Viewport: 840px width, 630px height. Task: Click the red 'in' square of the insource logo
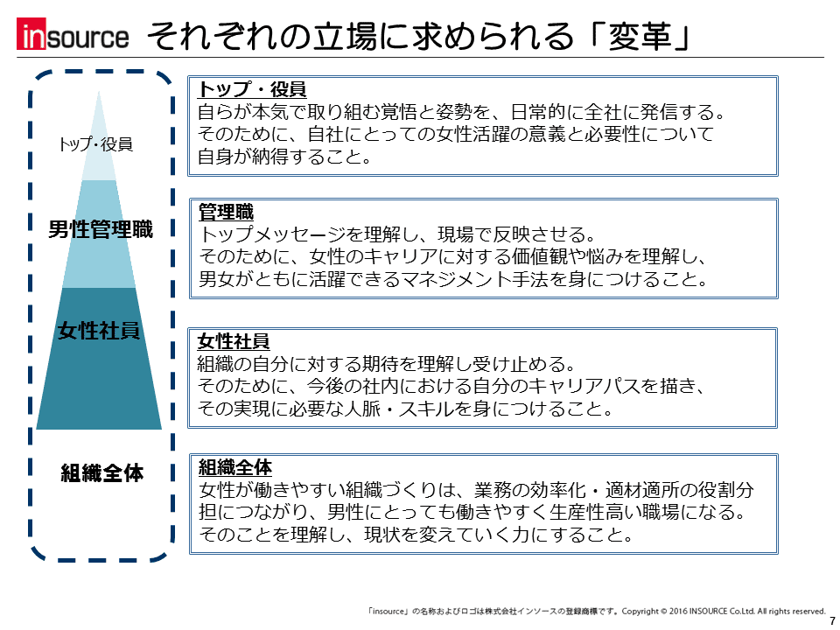pyautogui.click(x=31, y=34)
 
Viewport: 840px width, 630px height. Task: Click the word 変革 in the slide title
pyautogui.click(x=640, y=36)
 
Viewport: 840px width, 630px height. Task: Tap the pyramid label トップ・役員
pyautogui.click(x=95, y=143)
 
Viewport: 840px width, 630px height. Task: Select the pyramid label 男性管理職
pyautogui.click(x=101, y=228)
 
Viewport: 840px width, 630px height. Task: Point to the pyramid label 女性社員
pyautogui.click(x=99, y=331)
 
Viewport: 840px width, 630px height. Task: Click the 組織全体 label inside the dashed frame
pyautogui.click(x=101, y=472)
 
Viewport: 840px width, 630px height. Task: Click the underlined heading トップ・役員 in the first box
pyautogui.click(x=252, y=89)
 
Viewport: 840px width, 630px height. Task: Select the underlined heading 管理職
pyautogui.click(x=226, y=212)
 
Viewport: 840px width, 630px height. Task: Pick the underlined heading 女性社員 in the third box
pyautogui.click(x=234, y=340)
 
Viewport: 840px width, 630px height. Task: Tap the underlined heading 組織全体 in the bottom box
pyautogui.click(x=235, y=467)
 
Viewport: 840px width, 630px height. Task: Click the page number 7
pyautogui.click(x=832, y=621)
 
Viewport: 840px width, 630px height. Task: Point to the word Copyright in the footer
pyautogui.click(x=640, y=612)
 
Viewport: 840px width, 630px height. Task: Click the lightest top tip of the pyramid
pyautogui.click(x=99, y=92)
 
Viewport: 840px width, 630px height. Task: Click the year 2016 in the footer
pyautogui.click(x=677, y=612)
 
